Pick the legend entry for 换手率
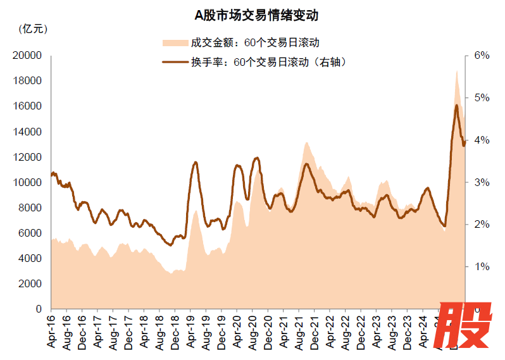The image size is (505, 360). [x=256, y=62]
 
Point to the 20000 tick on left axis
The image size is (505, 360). [x=27, y=56]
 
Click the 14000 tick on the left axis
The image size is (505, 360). [x=27, y=132]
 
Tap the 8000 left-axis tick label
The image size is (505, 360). [x=29, y=208]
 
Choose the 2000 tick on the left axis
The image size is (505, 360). [x=29, y=283]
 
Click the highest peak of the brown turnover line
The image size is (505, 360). [x=456, y=105]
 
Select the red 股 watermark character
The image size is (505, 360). [x=466, y=326]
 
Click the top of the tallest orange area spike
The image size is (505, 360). [x=456, y=71]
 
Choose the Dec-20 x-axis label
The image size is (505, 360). [x=267, y=332]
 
